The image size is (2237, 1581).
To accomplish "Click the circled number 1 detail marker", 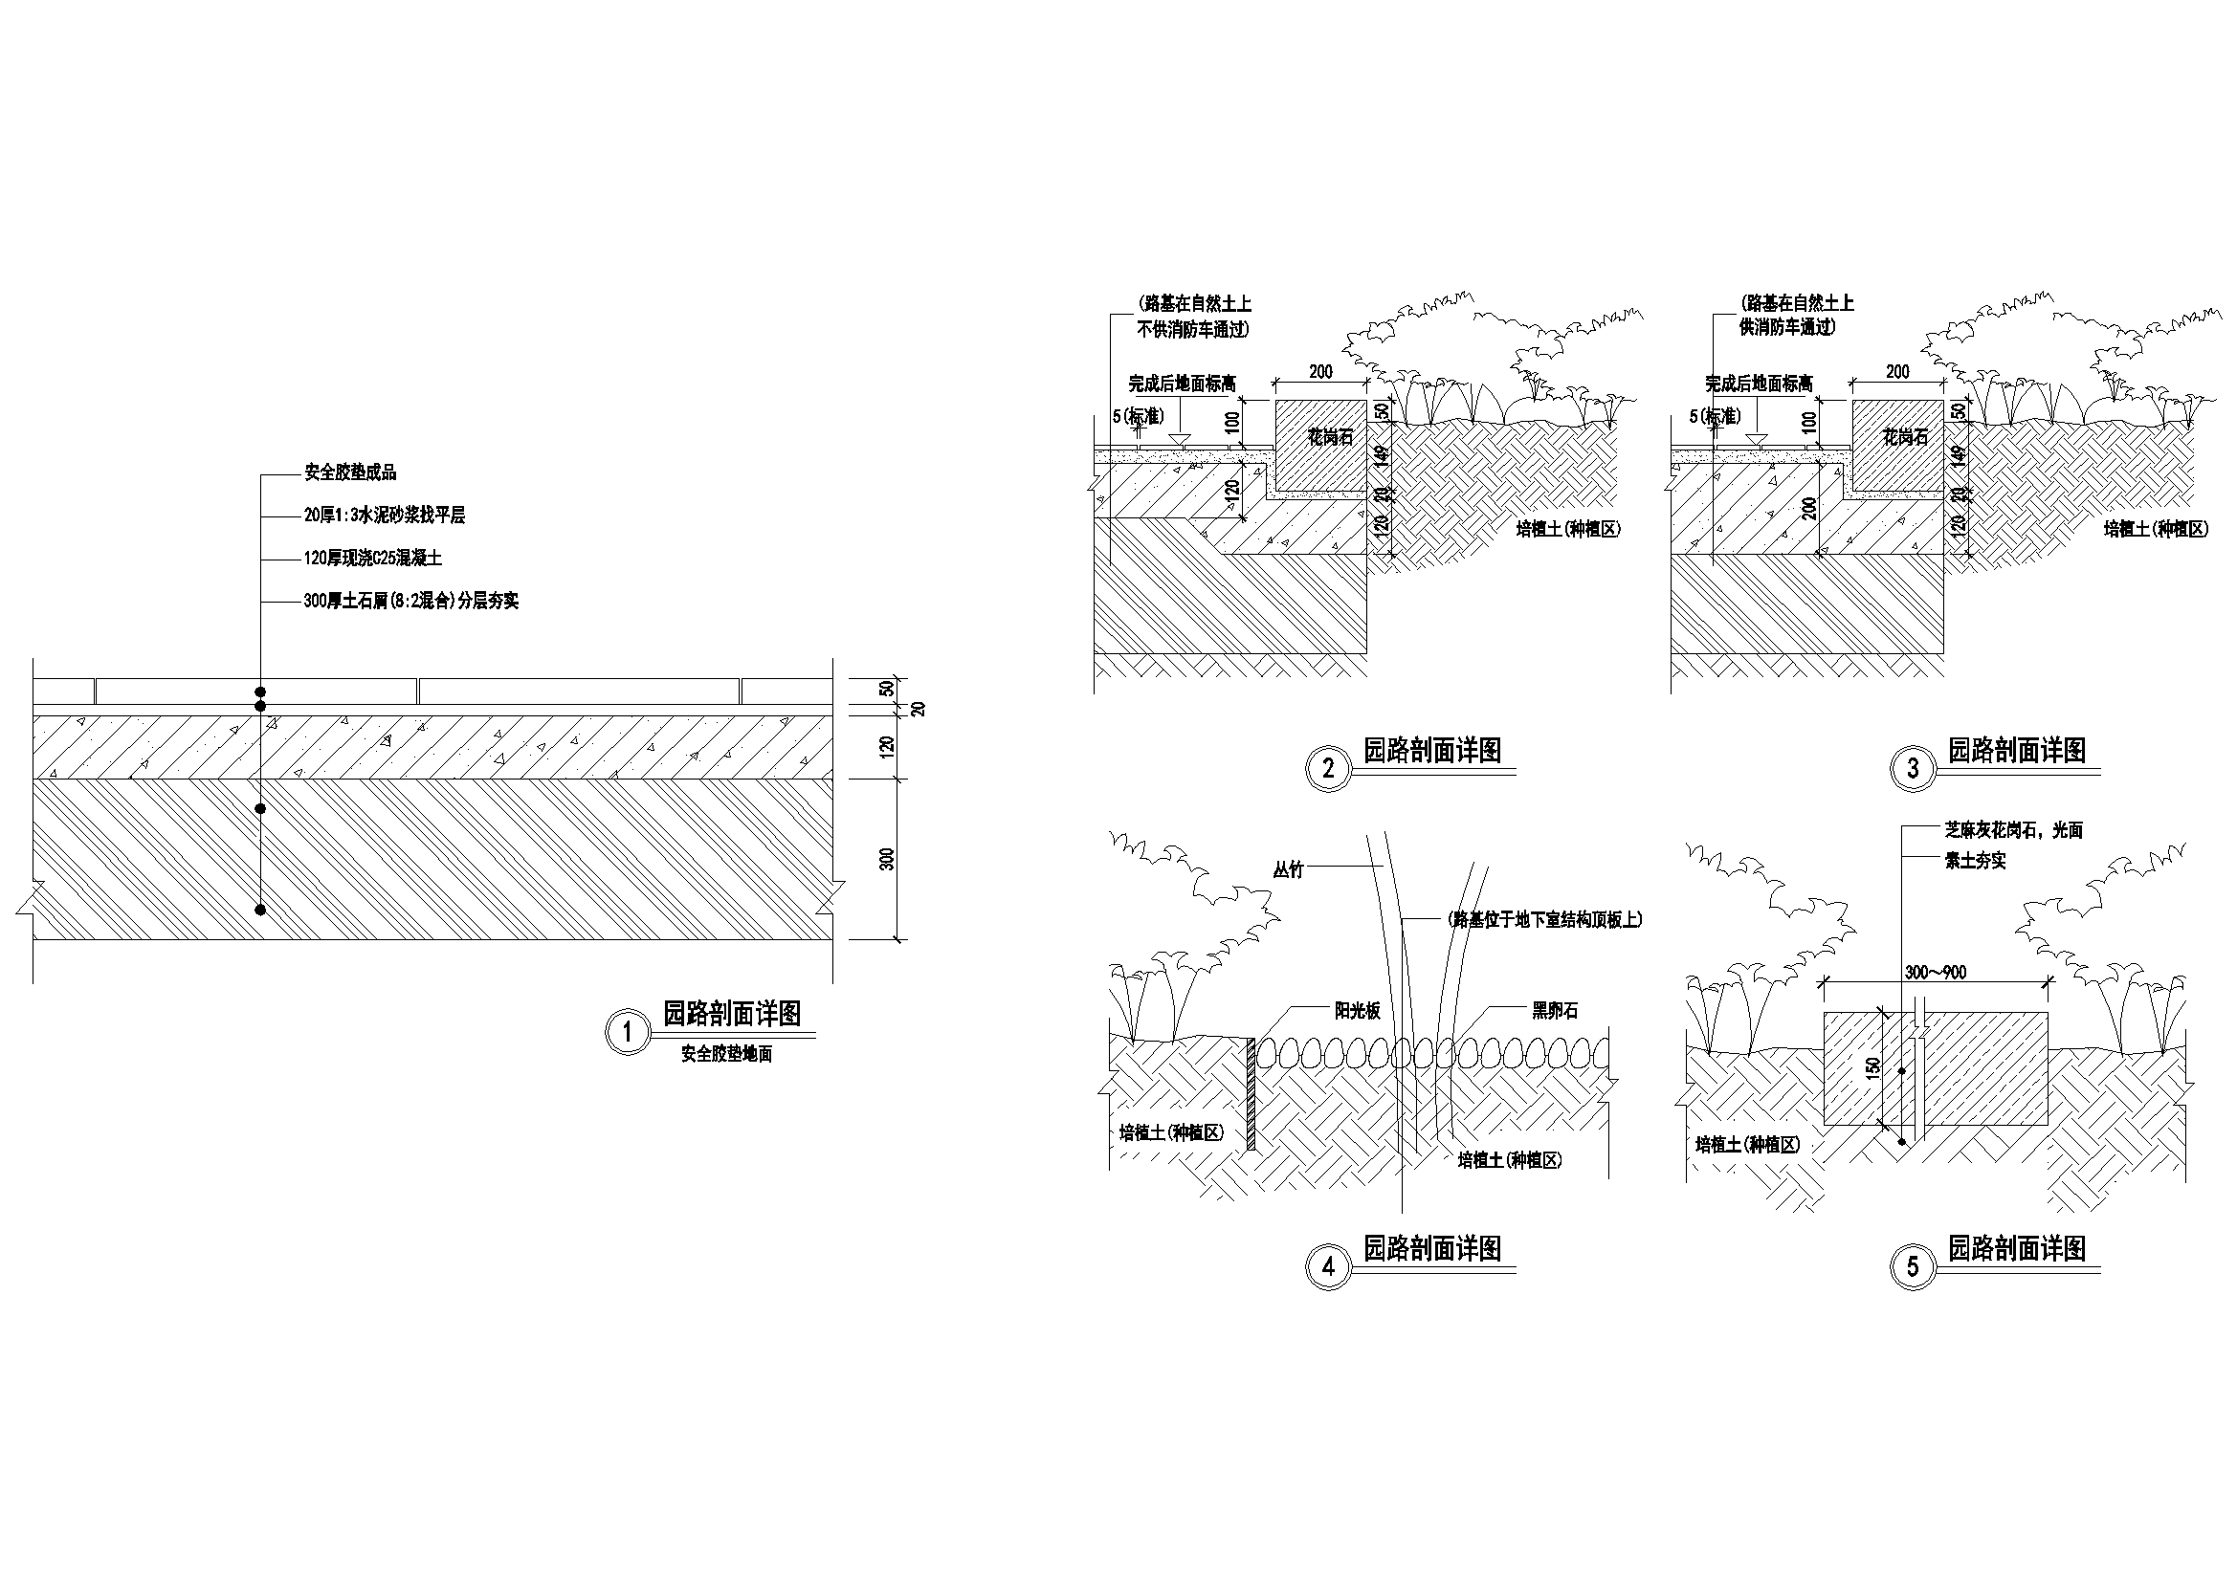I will point(627,1033).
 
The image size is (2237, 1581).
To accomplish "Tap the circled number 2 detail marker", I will point(1328,769).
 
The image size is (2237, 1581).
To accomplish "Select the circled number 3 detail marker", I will point(1913,769).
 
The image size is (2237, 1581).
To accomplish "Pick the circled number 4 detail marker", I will point(1328,1267).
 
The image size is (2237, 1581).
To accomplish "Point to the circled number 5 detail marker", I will point(1913,1267).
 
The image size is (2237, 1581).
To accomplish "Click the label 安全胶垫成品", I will point(350,473).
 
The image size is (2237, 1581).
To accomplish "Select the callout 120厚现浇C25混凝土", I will point(373,560).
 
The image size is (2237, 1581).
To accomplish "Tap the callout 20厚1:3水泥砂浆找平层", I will point(384,516).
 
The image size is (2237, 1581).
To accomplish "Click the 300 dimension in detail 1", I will point(887,859).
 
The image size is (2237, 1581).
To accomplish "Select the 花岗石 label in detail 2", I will point(1330,437).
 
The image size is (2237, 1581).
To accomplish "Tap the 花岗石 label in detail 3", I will point(1906,437).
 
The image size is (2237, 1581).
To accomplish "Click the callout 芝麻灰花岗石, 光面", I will point(2007,831).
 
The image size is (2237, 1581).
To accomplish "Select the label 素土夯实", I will point(1975,861).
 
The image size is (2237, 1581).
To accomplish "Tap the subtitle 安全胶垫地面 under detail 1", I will point(726,1054).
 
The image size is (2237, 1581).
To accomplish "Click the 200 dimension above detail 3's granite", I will point(1898,372).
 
